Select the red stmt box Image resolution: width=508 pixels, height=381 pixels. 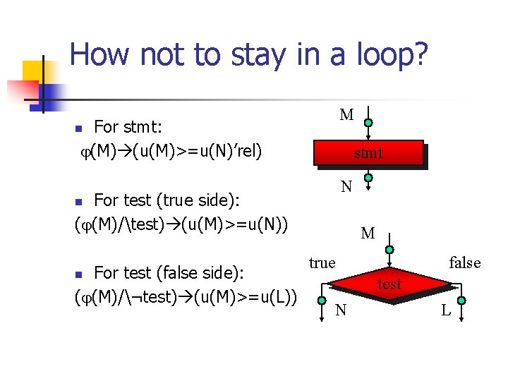pyautogui.click(x=369, y=153)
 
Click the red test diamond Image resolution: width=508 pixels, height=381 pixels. pyautogui.click(x=389, y=284)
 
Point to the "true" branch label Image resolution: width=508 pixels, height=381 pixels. pyautogui.click(x=322, y=263)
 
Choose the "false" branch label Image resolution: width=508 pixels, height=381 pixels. pyautogui.click(x=464, y=263)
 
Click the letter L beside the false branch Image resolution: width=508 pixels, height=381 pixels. pyautogui.click(x=446, y=310)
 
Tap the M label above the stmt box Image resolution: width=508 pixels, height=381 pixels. pyautogui.click(x=346, y=115)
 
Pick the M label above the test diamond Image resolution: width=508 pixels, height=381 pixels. pyautogui.click(x=368, y=234)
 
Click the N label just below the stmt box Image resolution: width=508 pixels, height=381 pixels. pyautogui.click(x=346, y=188)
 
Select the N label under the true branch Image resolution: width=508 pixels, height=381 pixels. pyautogui.click(x=341, y=310)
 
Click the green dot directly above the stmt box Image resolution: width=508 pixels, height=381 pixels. pyautogui.click(x=368, y=123)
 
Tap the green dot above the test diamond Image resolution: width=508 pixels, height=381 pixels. pyautogui.click(x=389, y=250)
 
